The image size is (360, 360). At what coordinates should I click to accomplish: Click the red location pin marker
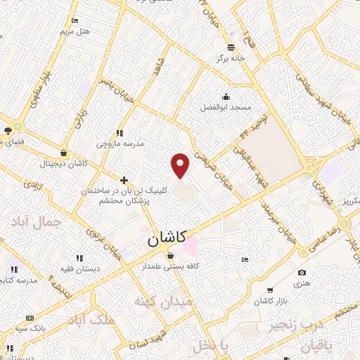point(181,165)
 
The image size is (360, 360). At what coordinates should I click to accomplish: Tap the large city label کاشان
point(167,239)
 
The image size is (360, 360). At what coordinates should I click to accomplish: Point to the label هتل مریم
point(75,32)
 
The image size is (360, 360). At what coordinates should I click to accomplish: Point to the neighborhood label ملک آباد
point(91,320)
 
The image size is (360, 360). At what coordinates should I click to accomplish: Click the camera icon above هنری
point(302,273)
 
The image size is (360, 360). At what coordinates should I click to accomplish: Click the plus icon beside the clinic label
point(124,180)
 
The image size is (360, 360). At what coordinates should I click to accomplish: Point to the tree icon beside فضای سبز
point(8,131)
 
